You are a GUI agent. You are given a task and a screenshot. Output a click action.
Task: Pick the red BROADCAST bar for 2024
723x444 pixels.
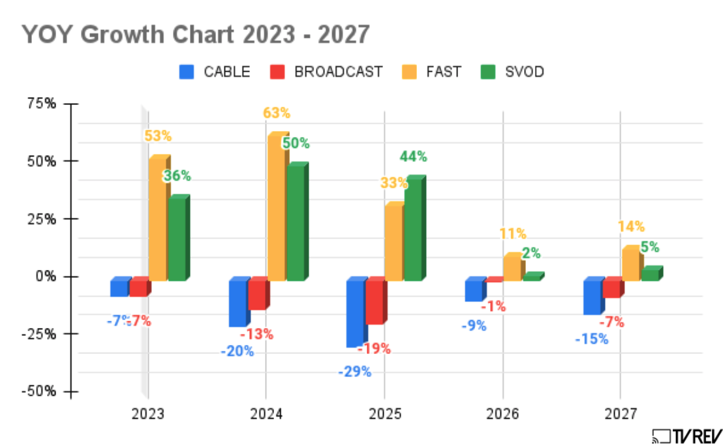(257, 295)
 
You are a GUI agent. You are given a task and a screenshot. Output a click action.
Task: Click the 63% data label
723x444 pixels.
(277, 113)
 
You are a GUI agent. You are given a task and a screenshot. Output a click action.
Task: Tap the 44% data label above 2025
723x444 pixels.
(414, 156)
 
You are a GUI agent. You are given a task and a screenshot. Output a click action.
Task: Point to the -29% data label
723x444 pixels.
(354, 372)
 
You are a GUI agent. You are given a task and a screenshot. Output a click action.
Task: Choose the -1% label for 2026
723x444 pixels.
(493, 306)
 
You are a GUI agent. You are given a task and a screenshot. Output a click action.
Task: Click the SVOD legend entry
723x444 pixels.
(524, 72)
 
